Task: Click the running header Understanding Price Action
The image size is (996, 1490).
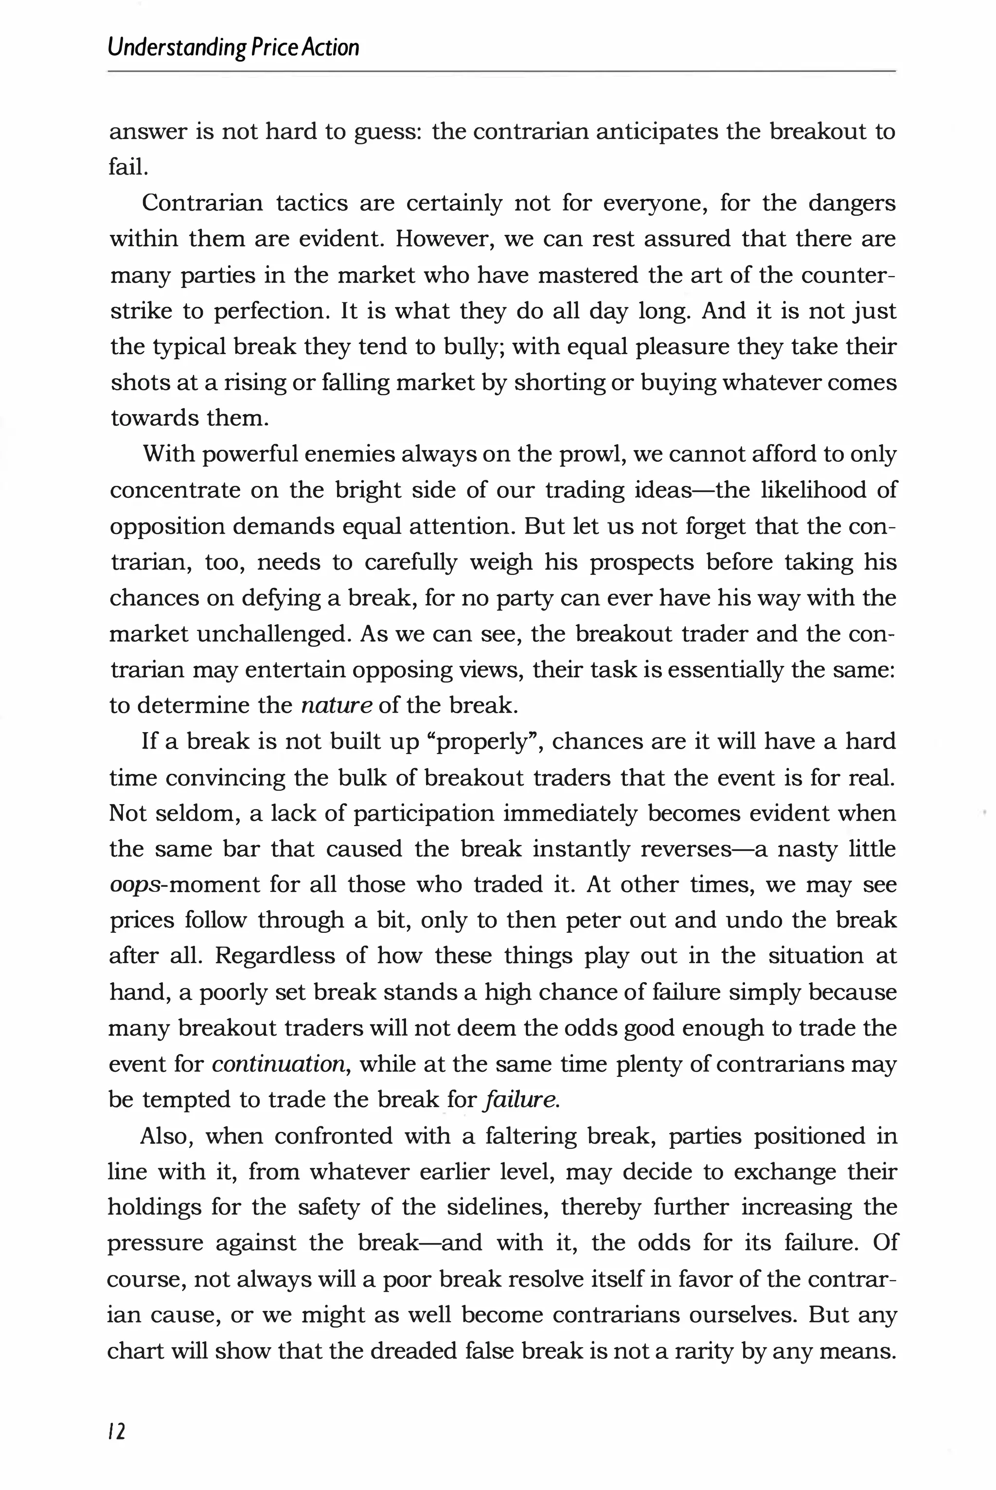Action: pyautogui.click(x=233, y=48)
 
